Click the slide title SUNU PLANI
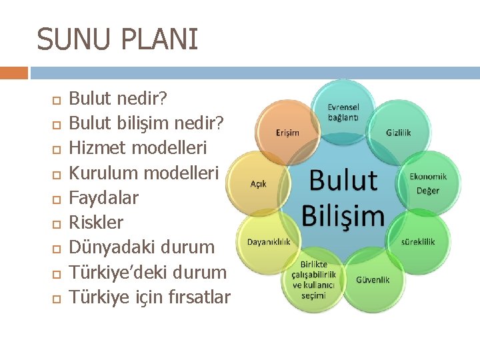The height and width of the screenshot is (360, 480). (117, 39)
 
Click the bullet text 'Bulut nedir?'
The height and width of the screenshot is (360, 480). (119, 99)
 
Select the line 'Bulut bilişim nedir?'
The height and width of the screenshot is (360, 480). (147, 124)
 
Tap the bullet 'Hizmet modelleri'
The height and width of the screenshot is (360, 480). (138, 148)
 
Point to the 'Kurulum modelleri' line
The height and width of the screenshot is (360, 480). (144, 173)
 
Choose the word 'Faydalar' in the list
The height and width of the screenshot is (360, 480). (104, 197)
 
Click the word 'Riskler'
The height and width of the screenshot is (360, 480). (97, 222)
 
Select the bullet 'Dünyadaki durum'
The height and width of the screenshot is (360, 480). (142, 247)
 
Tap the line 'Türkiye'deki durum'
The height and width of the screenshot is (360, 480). (148, 271)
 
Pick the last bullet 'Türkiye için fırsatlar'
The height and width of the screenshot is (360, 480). (150, 296)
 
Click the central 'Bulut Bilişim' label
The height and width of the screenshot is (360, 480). (343, 198)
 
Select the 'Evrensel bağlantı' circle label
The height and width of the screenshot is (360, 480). (343, 112)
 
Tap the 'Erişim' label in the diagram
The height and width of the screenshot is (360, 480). (287, 133)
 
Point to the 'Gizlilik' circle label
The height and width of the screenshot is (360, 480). (399, 133)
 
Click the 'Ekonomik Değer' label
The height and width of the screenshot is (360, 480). (428, 183)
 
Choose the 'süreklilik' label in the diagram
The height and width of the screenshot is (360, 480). (418, 241)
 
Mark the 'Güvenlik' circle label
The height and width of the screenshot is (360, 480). (373, 279)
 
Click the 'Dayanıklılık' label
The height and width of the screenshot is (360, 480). (269, 241)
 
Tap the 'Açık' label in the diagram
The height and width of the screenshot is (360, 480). (259, 183)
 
